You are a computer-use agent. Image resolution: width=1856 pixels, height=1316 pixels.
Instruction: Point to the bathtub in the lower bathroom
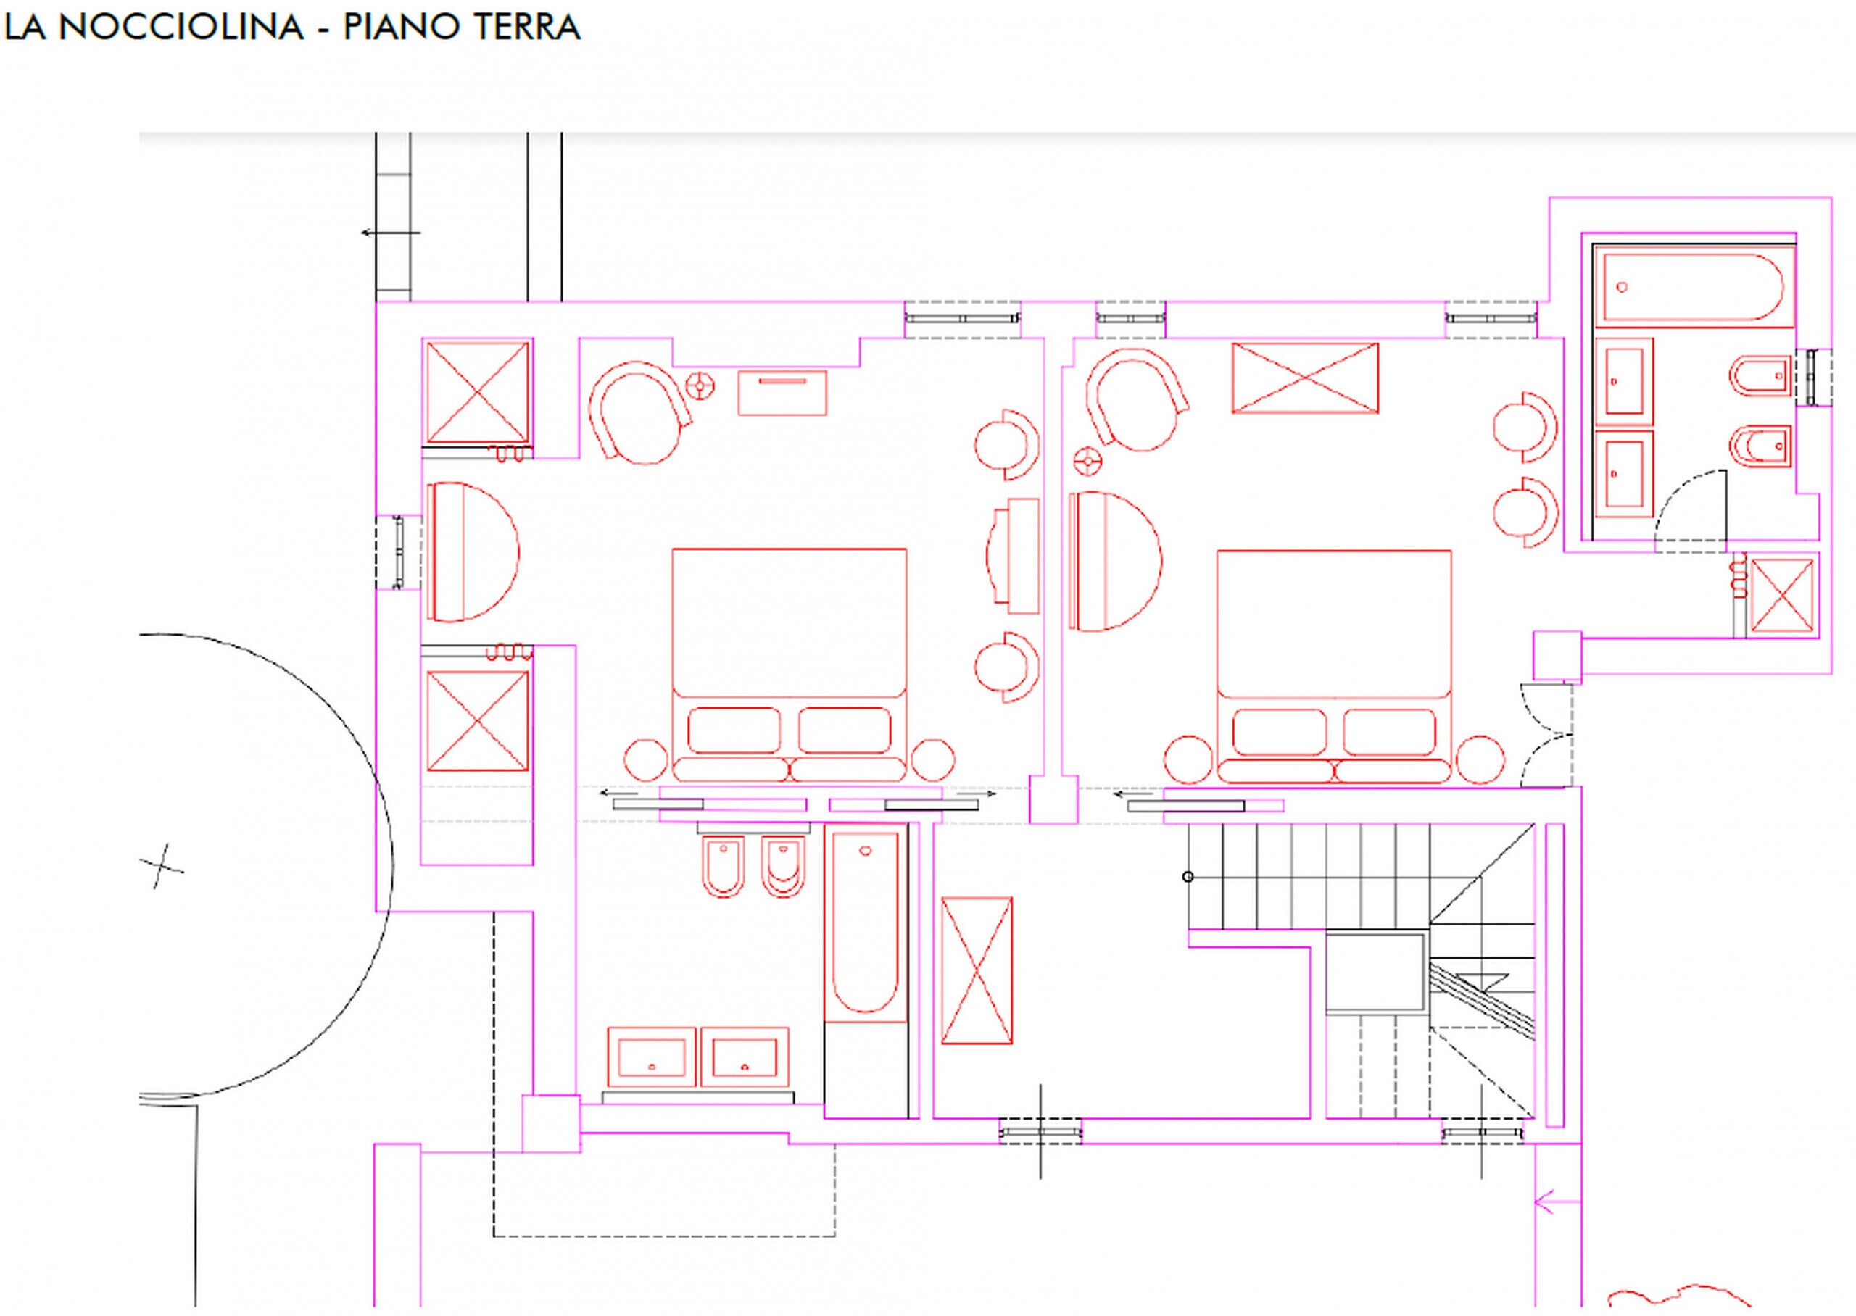pyautogui.click(x=865, y=923)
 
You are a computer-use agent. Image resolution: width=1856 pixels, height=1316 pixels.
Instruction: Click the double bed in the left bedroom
pyautogui.click(x=790, y=665)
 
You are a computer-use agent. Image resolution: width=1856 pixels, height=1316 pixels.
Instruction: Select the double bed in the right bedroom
pyautogui.click(x=1334, y=667)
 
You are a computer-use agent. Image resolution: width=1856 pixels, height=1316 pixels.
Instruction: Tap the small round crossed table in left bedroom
pyautogui.click(x=700, y=385)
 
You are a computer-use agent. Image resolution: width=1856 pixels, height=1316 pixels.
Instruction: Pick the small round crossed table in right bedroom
pyautogui.click(x=1086, y=462)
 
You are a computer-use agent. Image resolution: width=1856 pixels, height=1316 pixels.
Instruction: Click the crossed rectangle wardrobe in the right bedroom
pyautogui.click(x=1305, y=378)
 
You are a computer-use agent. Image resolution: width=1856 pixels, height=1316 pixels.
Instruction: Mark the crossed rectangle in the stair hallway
pyautogui.click(x=977, y=970)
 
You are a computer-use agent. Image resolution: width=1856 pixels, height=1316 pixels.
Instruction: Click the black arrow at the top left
pyautogui.click(x=391, y=233)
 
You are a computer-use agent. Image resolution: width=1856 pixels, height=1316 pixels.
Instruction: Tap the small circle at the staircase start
pyautogui.click(x=1188, y=877)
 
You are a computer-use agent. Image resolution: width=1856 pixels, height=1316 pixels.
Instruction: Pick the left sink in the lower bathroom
pyautogui.click(x=652, y=1057)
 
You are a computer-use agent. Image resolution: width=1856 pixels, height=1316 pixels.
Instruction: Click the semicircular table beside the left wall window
pyautogui.click(x=473, y=552)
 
